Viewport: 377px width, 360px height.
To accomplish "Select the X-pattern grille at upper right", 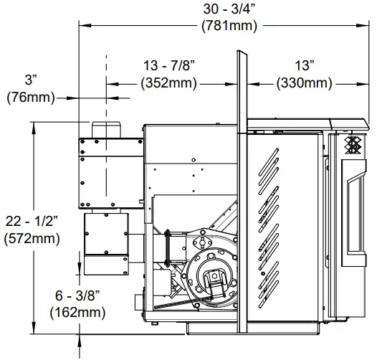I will coord(354,146).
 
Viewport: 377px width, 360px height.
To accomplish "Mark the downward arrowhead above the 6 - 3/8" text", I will coord(80,269).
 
